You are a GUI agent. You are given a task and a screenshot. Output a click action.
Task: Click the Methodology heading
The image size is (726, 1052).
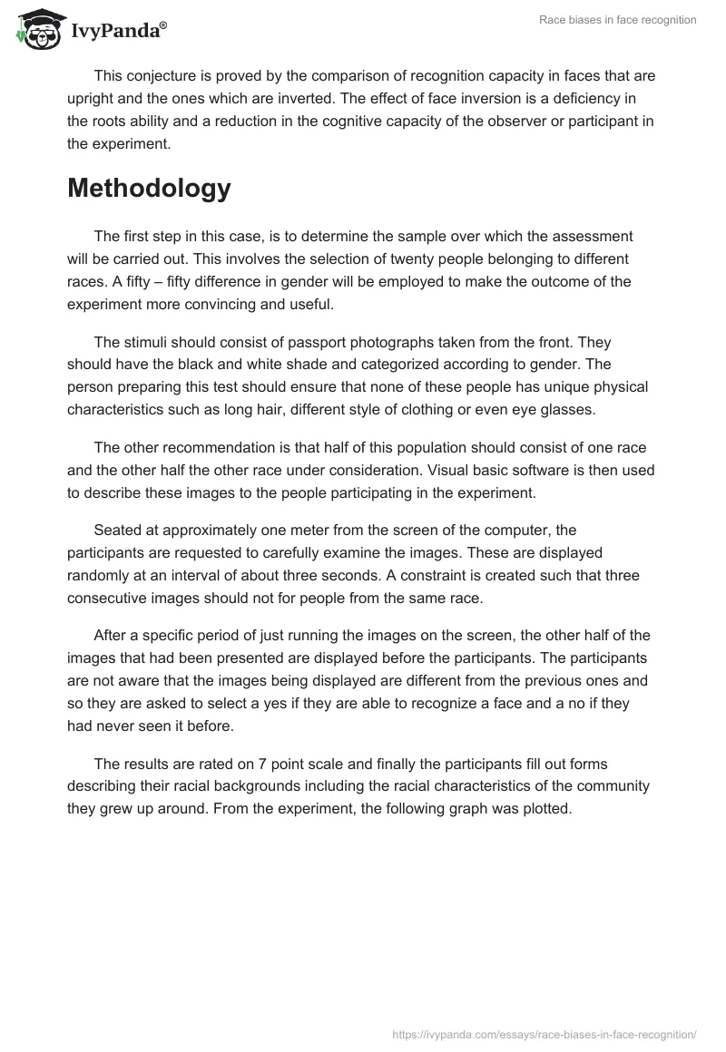[149, 188]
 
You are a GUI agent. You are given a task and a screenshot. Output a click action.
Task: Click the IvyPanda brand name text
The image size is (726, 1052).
[118, 30]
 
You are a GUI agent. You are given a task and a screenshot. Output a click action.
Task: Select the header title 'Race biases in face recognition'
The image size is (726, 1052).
[616, 20]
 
